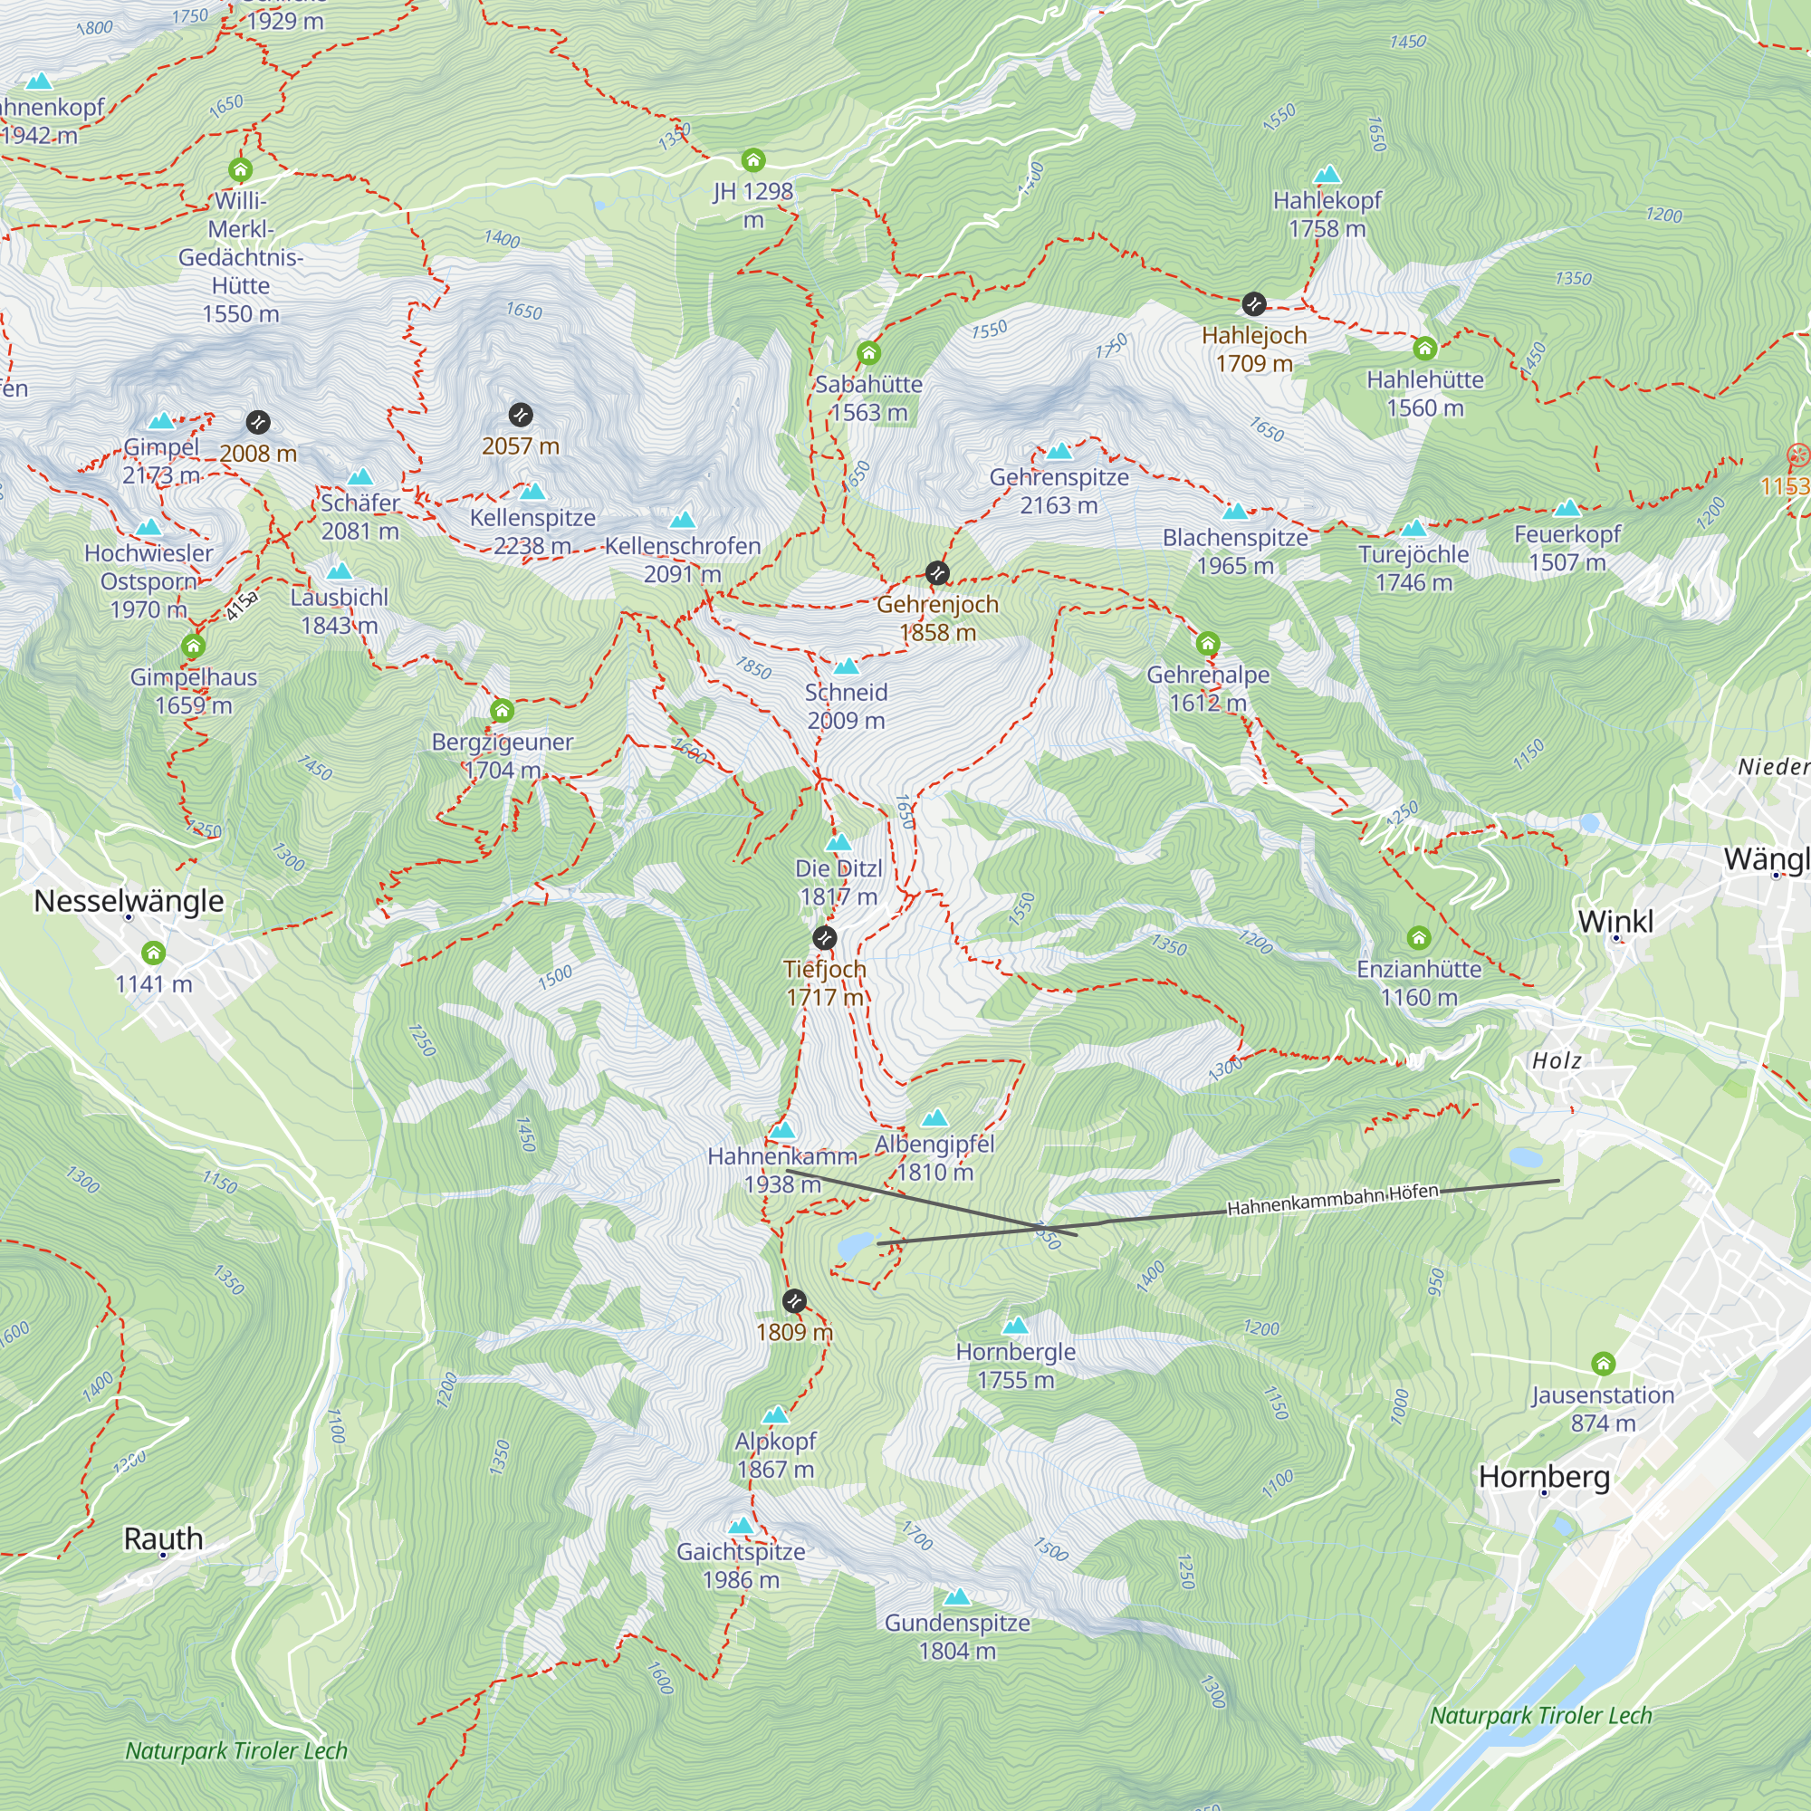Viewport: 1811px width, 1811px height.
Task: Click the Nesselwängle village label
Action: tap(129, 901)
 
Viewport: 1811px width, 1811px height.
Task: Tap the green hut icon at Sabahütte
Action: tap(868, 353)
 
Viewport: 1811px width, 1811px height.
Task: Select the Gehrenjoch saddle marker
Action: tap(936, 573)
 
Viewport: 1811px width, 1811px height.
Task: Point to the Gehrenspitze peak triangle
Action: tap(1059, 452)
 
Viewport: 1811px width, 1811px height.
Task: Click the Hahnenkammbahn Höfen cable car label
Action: tap(1332, 1199)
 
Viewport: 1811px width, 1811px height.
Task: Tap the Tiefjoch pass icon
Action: tap(824, 937)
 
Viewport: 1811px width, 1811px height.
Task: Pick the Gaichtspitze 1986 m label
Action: tap(741, 1566)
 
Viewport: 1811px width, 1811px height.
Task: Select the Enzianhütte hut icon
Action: tap(1418, 937)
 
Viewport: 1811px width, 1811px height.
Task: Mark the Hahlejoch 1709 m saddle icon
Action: tap(1253, 303)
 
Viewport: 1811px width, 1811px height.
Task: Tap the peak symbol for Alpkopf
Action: tap(775, 1415)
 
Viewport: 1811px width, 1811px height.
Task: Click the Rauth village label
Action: tap(163, 1538)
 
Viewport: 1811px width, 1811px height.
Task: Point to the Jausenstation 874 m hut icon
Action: tap(1603, 1363)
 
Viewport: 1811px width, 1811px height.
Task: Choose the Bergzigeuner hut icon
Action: tap(502, 711)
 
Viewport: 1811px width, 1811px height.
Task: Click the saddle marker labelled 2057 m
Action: tap(521, 415)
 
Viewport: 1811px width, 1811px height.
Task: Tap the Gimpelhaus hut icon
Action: tap(193, 646)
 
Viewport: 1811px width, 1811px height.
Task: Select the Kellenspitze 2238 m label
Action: tap(532, 532)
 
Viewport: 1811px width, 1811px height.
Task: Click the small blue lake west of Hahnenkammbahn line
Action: tap(855, 1246)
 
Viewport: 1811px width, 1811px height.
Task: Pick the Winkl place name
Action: tap(1615, 922)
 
